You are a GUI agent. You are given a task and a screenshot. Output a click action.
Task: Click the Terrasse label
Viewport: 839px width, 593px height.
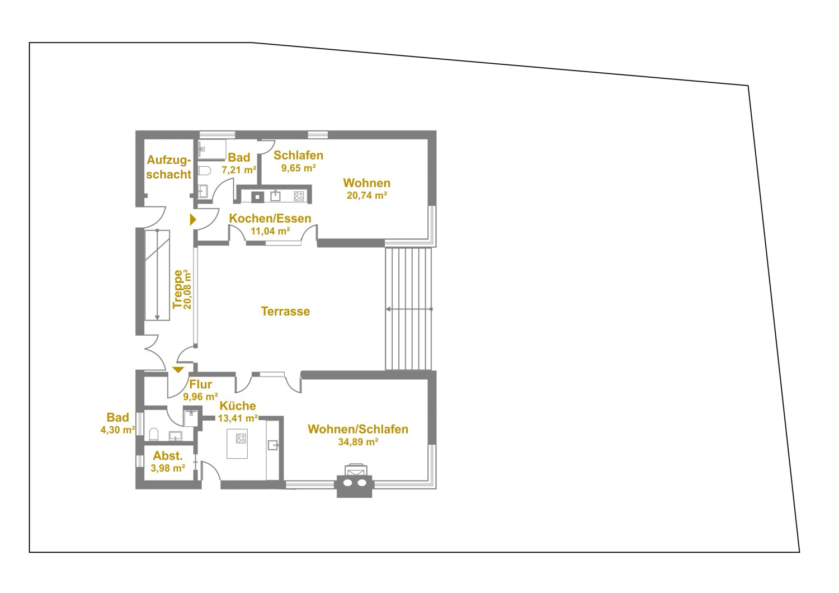(285, 311)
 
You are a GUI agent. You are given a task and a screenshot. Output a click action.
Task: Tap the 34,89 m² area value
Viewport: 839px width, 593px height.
(358, 442)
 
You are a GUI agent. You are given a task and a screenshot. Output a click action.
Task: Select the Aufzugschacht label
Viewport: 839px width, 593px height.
(169, 167)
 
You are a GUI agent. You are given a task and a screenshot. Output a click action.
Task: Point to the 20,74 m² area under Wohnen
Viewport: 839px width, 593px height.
(367, 196)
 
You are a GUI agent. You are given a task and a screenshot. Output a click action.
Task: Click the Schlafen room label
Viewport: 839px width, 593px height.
(299, 156)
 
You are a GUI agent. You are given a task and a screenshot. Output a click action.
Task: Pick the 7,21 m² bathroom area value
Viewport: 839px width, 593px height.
(239, 170)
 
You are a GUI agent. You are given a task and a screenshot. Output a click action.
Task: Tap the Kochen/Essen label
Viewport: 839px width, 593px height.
(270, 218)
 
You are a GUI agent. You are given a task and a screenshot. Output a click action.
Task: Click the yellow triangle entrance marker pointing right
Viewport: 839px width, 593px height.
(193, 219)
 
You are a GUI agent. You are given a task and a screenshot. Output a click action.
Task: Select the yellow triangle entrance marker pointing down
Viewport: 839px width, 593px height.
(178, 370)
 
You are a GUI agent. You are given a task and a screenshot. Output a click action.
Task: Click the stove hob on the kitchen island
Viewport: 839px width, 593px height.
(241, 438)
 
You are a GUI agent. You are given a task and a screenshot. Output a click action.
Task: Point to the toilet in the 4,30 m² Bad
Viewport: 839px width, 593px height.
(154, 435)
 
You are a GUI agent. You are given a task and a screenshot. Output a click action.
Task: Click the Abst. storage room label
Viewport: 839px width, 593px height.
(168, 456)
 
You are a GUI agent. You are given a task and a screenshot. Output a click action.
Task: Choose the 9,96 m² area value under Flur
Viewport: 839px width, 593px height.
(200, 396)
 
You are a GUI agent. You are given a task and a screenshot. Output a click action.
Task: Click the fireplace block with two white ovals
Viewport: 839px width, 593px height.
(354, 486)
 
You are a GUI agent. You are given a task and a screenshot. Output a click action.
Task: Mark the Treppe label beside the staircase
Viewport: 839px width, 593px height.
(177, 289)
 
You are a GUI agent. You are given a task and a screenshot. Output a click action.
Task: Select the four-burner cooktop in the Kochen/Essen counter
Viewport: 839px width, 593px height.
(299, 196)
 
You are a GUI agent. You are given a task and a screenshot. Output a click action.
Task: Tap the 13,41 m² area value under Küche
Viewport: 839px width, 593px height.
(238, 418)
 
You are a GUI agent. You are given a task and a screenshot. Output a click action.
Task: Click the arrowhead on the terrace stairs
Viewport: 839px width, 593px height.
(388, 309)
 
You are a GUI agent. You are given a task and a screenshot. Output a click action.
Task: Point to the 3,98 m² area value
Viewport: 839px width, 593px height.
(168, 468)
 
